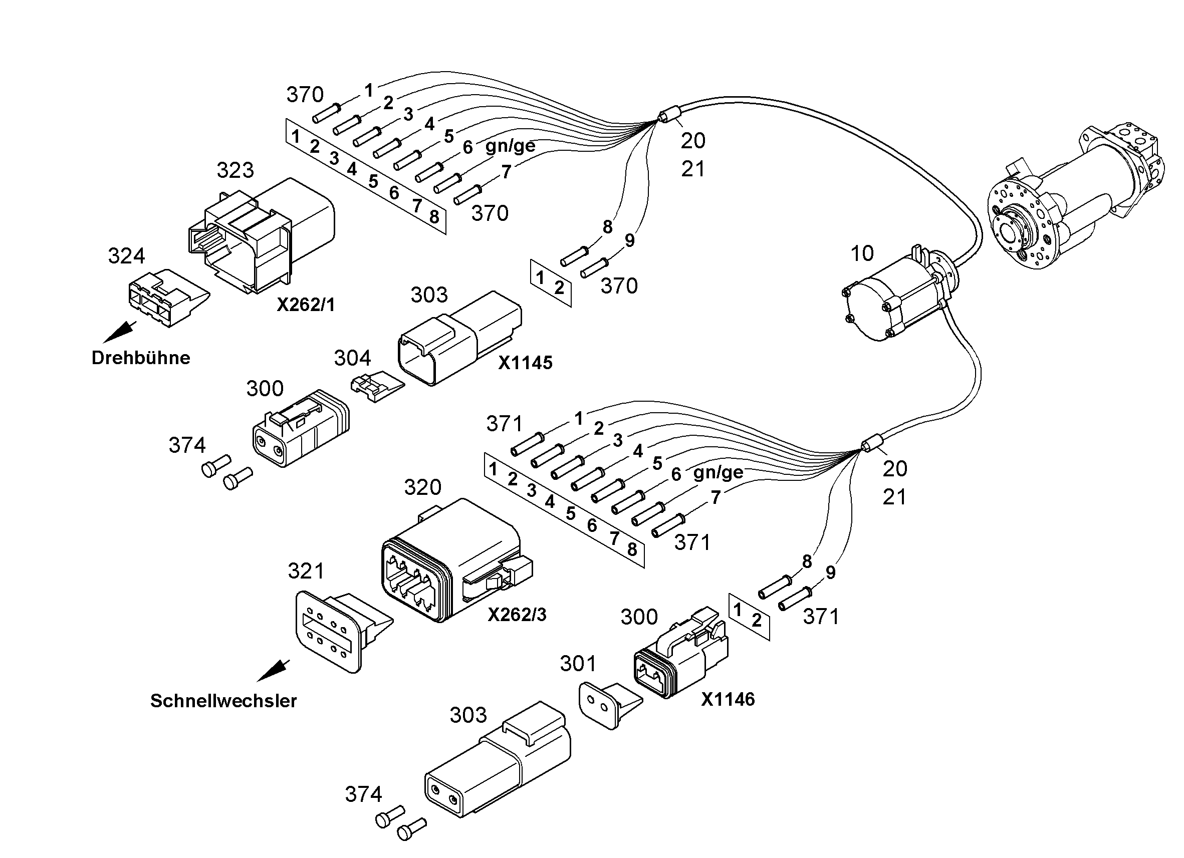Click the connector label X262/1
point(306,304)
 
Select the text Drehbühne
point(141,358)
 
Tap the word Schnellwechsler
point(223,700)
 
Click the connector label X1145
point(525,363)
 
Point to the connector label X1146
point(728,699)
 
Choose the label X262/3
point(517,615)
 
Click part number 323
point(235,170)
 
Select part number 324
point(126,256)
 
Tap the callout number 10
point(862,253)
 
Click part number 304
point(352,358)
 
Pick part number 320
point(423,487)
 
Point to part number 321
point(307,571)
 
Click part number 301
point(578,664)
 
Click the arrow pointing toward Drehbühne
point(120,333)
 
